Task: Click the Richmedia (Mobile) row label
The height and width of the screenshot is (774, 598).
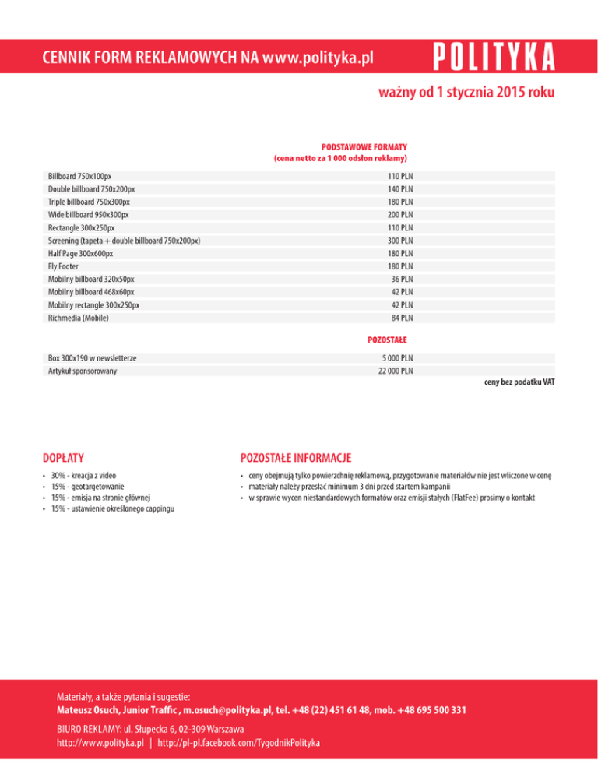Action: (78, 318)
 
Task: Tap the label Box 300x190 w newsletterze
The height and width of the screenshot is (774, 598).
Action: (92, 357)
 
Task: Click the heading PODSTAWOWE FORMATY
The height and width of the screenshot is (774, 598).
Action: (365, 146)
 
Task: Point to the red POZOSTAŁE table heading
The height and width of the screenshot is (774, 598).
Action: (387, 340)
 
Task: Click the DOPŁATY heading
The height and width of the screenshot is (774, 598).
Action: (64, 456)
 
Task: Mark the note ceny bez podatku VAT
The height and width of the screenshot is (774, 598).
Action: (519, 383)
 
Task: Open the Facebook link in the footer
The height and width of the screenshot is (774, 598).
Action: (238, 743)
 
